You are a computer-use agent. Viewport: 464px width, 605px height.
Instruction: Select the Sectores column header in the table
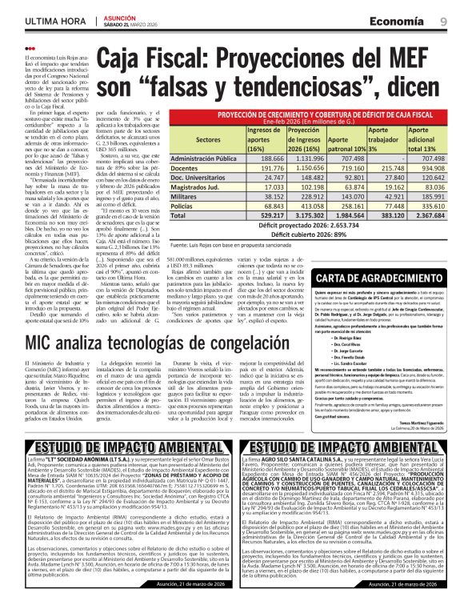(x=208, y=139)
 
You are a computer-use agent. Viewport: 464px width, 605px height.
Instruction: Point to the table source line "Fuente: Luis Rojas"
(x=232, y=245)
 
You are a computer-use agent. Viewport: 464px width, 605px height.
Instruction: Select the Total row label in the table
(x=178, y=215)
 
